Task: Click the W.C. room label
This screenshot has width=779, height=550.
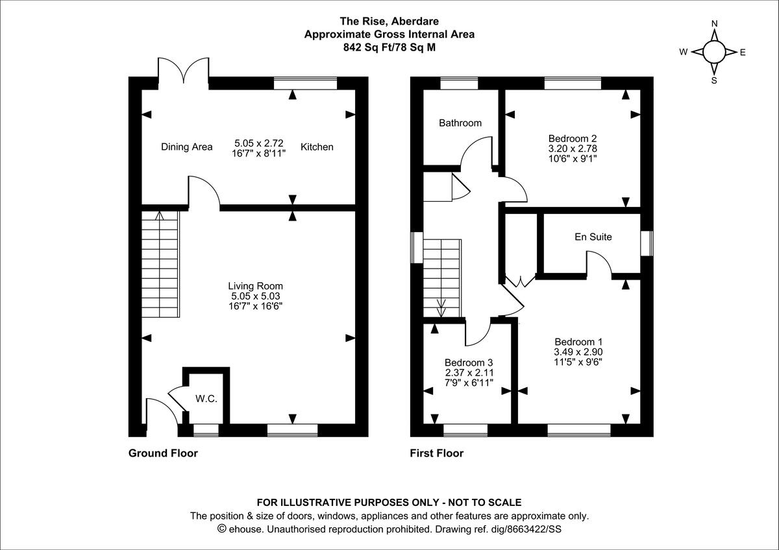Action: click(x=206, y=399)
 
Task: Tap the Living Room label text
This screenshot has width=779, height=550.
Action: click(x=255, y=285)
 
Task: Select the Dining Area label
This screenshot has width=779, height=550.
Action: click(x=186, y=147)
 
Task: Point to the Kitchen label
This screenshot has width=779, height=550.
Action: click(x=317, y=147)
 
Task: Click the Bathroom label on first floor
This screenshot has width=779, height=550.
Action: click(x=460, y=123)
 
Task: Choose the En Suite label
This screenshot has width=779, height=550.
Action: click(x=593, y=237)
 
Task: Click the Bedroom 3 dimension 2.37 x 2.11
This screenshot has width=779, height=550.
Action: click(x=469, y=372)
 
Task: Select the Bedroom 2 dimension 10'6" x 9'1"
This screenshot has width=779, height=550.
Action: click(x=572, y=158)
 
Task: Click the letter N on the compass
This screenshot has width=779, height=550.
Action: click(x=714, y=24)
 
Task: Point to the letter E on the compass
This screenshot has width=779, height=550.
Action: click(x=743, y=53)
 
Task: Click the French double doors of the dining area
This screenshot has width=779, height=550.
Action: click(x=184, y=70)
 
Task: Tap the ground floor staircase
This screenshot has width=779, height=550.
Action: click(x=160, y=266)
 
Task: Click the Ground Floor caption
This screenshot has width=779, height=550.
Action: click(x=163, y=453)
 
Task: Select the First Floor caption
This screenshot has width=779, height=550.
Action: click(x=436, y=453)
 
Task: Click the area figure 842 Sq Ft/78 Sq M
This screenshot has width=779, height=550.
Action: click(x=389, y=47)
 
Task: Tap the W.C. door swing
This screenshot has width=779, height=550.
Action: click(x=175, y=396)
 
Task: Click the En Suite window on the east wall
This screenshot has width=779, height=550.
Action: click(x=646, y=244)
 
